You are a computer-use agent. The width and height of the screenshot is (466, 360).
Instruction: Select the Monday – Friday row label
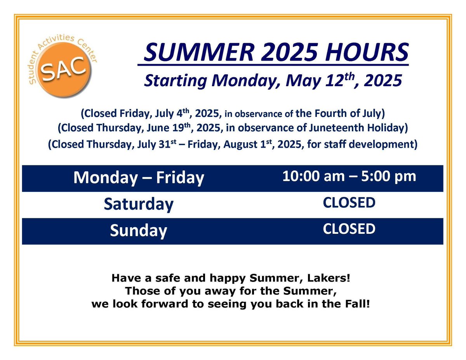point(139,178)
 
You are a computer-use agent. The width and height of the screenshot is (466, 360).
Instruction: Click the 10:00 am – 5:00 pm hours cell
point(349,176)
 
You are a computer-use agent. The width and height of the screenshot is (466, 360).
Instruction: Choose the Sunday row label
point(139,231)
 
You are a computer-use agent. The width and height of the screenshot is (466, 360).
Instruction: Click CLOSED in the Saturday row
point(349,202)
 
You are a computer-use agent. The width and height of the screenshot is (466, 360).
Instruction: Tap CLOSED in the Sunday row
point(349,229)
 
